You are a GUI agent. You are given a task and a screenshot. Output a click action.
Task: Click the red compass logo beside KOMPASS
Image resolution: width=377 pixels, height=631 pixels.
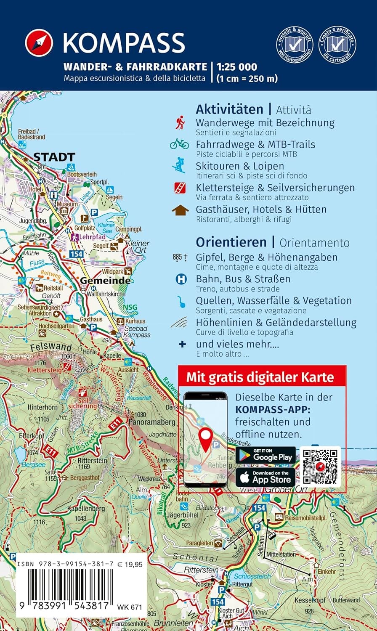[x=39, y=43]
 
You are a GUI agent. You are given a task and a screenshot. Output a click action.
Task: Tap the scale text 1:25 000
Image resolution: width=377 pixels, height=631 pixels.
[x=236, y=66]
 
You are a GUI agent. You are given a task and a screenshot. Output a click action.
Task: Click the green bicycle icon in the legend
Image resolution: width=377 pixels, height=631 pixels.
[x=180, y=144]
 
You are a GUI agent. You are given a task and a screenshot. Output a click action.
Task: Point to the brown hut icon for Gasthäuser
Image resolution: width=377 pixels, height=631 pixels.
[x=180, y=210]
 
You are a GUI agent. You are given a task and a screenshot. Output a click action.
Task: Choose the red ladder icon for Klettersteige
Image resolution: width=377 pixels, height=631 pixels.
[x=180, y=188]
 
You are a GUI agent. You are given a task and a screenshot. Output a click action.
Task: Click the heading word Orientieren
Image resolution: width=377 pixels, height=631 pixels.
[x=231, y=242]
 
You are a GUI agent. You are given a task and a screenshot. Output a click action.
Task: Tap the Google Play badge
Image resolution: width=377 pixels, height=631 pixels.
[x=265, y=455]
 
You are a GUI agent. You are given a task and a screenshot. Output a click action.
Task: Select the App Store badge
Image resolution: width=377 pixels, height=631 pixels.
[x=265, y=477]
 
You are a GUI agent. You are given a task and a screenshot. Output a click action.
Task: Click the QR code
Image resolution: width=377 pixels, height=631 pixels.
[x=320, y=467]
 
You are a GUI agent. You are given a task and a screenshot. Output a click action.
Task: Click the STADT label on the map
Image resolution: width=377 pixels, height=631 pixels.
[x=54, y=157]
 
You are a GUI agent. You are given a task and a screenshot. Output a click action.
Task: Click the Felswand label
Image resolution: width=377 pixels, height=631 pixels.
[x=51, y=348]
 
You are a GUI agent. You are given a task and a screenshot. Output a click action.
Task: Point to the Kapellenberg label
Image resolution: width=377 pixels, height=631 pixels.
[x=86, y=509]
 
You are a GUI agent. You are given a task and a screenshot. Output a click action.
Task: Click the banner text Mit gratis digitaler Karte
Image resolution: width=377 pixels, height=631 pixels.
[x=260, y=376]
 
